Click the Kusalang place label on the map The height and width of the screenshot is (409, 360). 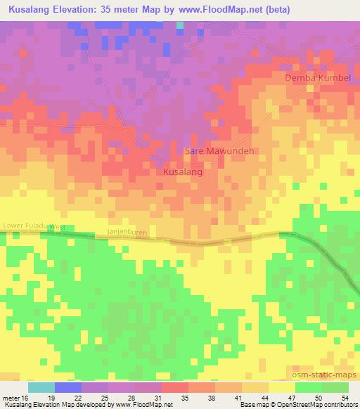pos(183,171)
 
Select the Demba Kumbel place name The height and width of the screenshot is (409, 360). pos(317,77)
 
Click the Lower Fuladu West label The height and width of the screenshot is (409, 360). pos(34,226)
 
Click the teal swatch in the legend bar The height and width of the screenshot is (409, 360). pos(41,387)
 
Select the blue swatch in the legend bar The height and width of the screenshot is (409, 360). pos(68,387)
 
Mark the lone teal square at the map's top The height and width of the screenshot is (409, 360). pos(180,25)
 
